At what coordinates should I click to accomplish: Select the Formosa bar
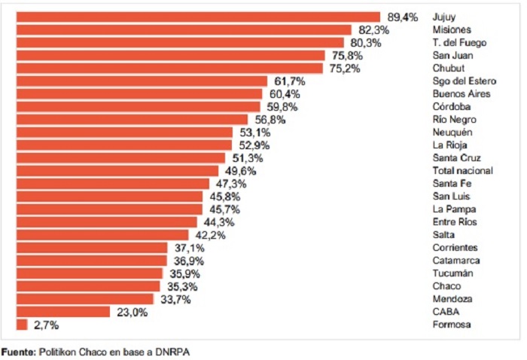(22, 325)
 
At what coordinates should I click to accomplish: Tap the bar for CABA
(63, 312)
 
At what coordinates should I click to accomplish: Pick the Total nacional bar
(117, 171)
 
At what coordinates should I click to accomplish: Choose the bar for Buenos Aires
(139, 94)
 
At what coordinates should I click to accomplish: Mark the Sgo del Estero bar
(142, 81)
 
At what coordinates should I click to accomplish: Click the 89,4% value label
(403, 17)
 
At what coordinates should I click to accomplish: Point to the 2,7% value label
(45, 325)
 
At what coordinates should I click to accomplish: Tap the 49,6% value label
(241, 171)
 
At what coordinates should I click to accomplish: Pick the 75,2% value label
(344, 69)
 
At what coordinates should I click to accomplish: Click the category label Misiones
(452, 30)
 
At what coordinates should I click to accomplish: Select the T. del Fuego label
(459, 43)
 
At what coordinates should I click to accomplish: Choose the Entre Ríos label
(455, 222)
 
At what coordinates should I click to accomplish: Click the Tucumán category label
(453, 273)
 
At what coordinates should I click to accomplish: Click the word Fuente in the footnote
(17, 352)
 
